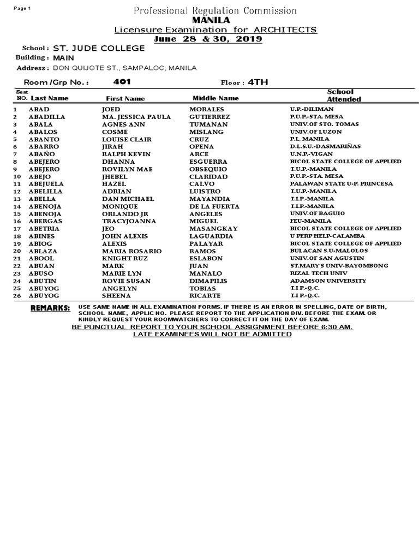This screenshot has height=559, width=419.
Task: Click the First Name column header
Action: pos(125,99)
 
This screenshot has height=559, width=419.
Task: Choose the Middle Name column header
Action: pos(216,98)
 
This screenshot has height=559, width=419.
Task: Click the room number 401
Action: pos(122,82)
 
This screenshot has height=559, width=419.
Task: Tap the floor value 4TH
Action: pos(258,82)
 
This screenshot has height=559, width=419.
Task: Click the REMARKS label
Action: pos(51,308)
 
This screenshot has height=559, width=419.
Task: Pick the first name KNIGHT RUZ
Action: pos(124,258)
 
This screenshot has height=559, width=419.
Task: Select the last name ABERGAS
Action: pos(45,221)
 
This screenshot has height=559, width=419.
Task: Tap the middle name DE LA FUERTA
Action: pos(214,206)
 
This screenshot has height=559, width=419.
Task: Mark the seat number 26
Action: pos(16,296)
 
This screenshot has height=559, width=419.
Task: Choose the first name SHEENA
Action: pos(116,296)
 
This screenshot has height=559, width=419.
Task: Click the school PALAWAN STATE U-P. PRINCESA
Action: pos(342,184)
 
